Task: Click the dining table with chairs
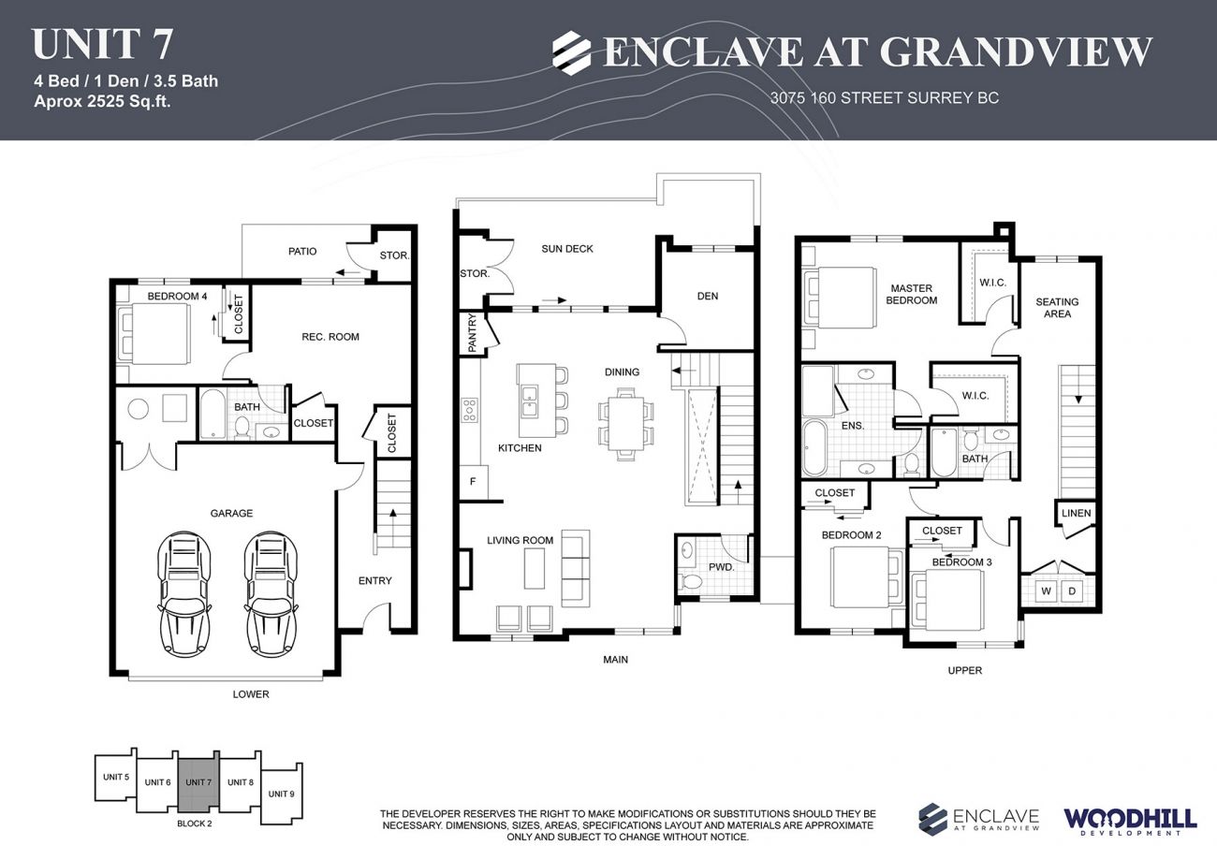[x=625, y=423]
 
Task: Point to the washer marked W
[x=1046, y=590]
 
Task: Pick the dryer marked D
[x=1072, y=590]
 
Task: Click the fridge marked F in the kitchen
[x=472, y=482]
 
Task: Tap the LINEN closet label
[x=1076, y=514]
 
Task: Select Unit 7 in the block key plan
[x=198, y=782]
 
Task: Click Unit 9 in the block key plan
[x=281, y=794]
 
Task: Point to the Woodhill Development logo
[x=1130, y=821]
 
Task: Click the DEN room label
[x=708, y=296]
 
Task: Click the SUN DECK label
[x=567, y=249]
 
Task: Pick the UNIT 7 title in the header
[x=102, y=44]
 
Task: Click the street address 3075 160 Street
[x=884, y=97]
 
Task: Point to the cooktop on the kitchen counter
[x=470, y=410]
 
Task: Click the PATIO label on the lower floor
[x=301, y=251]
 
